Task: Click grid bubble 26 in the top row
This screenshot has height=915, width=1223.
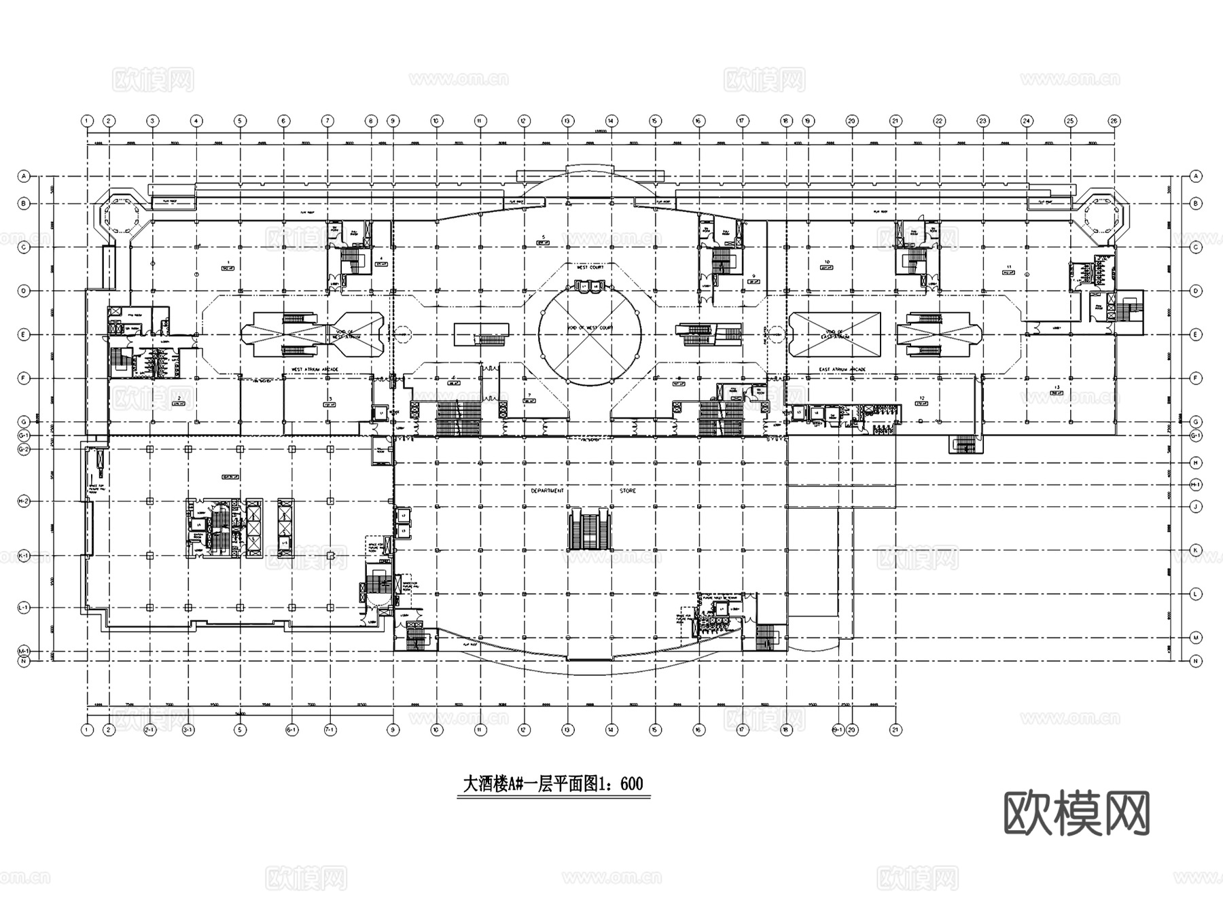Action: tap(1114, 121)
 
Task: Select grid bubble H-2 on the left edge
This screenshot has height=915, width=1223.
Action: tap(24, 501)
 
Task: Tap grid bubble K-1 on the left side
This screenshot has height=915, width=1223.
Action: tap(24, 556)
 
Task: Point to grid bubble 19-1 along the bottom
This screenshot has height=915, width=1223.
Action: tap(838, 730)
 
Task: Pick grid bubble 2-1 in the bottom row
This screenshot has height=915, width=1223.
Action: tap(150, 730)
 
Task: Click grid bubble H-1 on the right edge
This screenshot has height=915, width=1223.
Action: tap(1197, 484)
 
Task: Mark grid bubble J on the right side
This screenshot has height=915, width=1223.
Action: tap(1197, 506)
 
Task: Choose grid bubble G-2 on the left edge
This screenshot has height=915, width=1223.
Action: tap(24, 449)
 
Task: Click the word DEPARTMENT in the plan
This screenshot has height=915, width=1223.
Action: tap(547, 490)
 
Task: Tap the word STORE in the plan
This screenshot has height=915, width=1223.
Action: tap(628, 490)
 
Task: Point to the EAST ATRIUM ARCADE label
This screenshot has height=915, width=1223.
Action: tap(842, 370)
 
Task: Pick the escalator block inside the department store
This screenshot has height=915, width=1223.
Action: tap(589, 531)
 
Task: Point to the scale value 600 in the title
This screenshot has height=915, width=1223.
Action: tap(631, 784)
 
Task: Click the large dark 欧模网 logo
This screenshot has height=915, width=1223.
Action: tap(1077, 813)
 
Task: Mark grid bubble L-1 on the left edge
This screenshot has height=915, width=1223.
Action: tap(24, 607)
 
